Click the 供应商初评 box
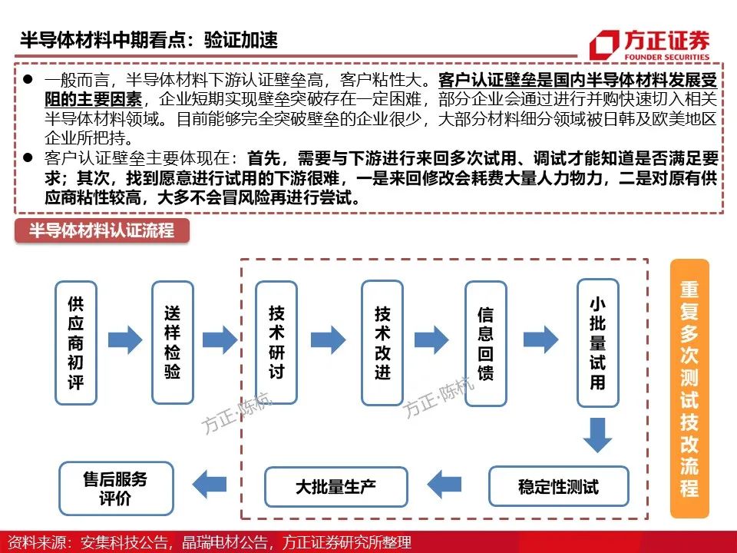(76, 343)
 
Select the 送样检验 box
(173, 343)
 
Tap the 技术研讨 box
(276, 343)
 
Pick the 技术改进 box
(382, 343)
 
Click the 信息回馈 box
(485, 343)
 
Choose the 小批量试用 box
(597, 343)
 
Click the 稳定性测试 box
(558, 487)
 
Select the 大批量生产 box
(335, 487)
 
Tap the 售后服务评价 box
(116, 488)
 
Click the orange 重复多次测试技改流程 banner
(689, 388)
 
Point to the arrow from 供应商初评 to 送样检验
(125, 339)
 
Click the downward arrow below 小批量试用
(597, 435)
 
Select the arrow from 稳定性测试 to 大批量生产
(445, 484)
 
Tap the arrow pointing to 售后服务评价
(209, 484)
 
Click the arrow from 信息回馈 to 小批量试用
(541, 339)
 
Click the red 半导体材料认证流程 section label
(102, 230)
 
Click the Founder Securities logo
(649, 45)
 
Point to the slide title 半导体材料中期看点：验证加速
(148, 40)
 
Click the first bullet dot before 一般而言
(28, 79)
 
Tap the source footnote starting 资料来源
(210, 542)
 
